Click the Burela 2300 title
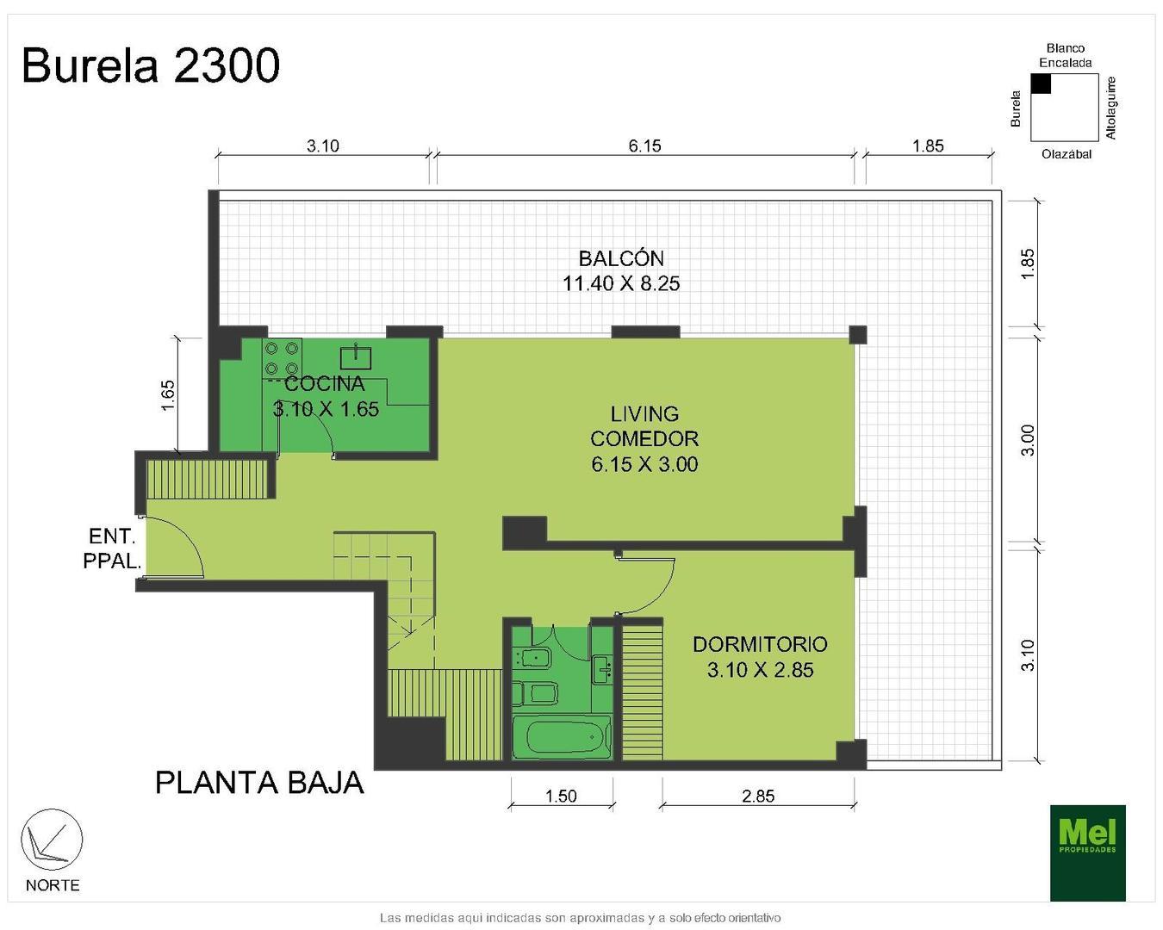point(151,65)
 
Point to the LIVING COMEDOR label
point(644,438)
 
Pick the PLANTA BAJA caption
point(259,783)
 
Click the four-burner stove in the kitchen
point(282,358)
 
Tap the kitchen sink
point(355,356)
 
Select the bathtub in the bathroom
point(561,738)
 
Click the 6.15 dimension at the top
point(644,146)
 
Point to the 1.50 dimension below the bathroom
point(561,796)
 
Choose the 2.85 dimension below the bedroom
point(758,796)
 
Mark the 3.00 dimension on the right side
point(1028,440)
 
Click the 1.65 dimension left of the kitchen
point(168,395)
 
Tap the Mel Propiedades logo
point(1087,852)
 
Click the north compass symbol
point(52,840)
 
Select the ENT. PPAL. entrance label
point(111,549)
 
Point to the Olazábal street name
point(1066,154)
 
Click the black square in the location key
point(1041,84)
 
